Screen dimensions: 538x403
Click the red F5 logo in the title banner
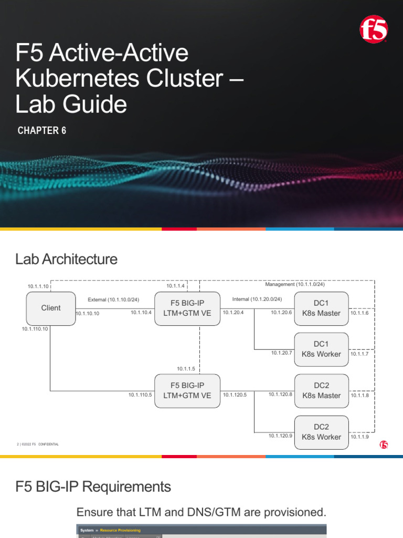point(374,29)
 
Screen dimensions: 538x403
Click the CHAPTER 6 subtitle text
point(42,131)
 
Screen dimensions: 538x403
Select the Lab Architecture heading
point(67,259)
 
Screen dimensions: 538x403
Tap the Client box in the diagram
point(51,308)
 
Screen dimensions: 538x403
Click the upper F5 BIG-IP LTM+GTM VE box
point(187,308)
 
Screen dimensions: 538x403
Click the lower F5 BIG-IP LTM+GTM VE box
point(187,391)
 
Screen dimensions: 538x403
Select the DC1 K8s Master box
point(321,308)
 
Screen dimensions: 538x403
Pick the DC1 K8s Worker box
point(321,349)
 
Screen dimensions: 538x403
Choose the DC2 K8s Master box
point(321,391)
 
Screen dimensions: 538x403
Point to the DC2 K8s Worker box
point(321,432)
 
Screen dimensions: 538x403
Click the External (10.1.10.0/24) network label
point(113,299)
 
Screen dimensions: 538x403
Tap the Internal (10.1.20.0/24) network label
point(257,299)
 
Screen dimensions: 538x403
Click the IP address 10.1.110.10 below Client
point(35,329)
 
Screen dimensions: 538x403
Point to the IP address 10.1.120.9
point(280,436)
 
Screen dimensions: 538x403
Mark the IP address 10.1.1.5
point(186,368)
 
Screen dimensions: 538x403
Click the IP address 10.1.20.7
point(282,353)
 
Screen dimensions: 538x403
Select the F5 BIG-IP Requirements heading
point(93,487)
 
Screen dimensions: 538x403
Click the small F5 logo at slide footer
point(384,445)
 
